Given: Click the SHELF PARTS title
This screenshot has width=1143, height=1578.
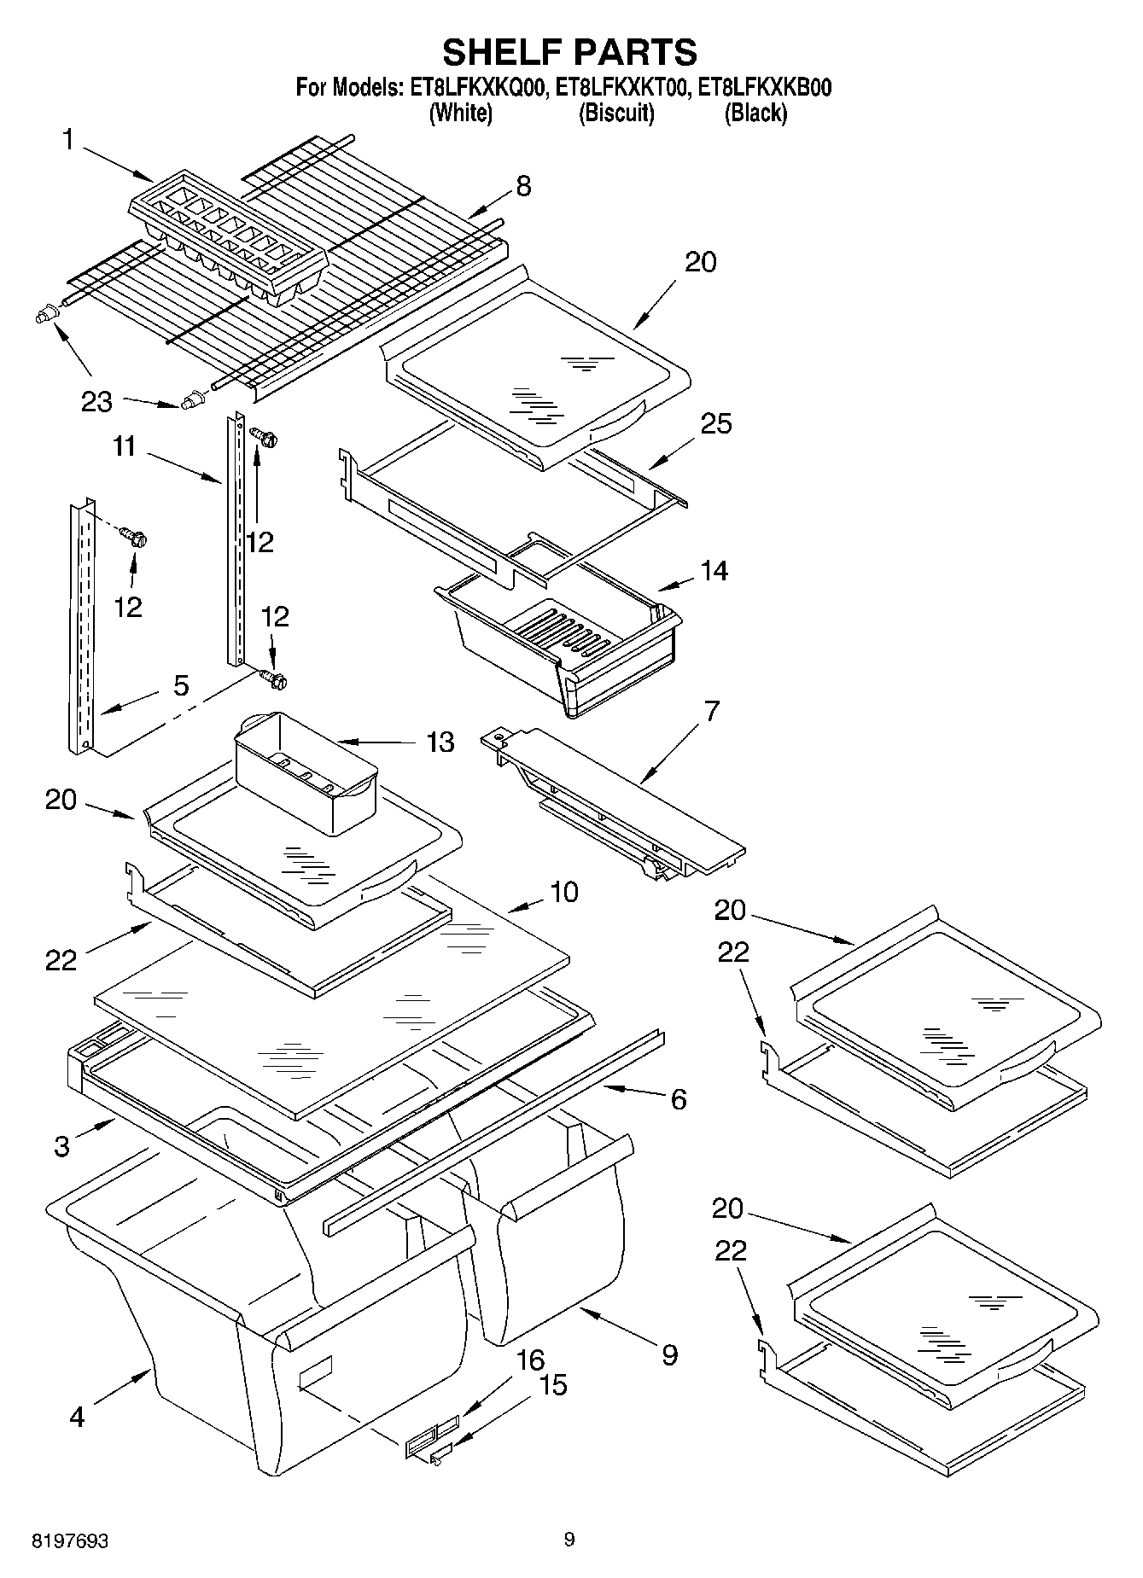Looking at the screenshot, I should [569, 52].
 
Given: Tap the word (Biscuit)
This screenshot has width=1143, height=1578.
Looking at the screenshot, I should [616, 113].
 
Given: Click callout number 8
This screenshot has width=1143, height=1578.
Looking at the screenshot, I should [523, 185].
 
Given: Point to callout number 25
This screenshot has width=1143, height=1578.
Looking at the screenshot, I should [715, 423].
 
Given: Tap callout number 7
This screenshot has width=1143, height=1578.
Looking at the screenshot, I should [710, 711].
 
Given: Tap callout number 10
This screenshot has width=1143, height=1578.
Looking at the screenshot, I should [563, 892].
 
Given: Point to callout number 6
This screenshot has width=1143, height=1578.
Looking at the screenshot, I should [678, 1099].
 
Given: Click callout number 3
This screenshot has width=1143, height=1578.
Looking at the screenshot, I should [61, 1146].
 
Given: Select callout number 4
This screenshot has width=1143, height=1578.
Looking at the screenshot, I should [77, 1418].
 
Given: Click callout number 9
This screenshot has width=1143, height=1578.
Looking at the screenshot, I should [669, 1354].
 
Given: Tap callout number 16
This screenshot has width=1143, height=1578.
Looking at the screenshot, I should [530, 1360].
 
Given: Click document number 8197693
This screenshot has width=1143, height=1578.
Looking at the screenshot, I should [70, 1541].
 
